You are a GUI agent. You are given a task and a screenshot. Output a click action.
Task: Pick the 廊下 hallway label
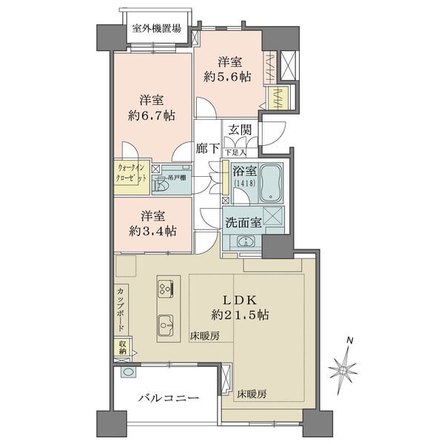point(207,148)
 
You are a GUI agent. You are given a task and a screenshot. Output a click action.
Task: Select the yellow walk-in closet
point(131,178)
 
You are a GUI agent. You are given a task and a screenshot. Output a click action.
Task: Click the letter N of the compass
point(351,341)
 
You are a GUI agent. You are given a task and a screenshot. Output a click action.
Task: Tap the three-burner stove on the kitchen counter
point(166,286)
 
